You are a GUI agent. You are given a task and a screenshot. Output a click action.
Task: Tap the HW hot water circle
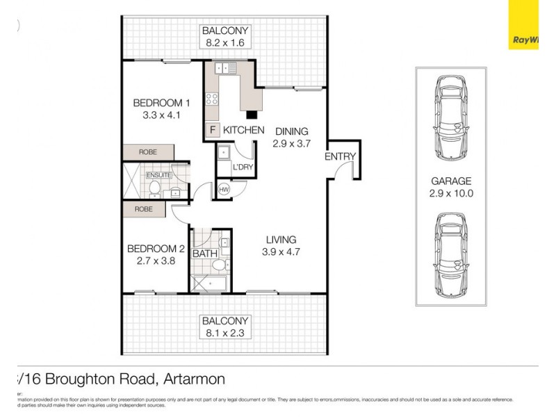224,189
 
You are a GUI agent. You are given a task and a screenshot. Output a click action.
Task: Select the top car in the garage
450,117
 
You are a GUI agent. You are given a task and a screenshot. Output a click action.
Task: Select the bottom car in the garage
450,254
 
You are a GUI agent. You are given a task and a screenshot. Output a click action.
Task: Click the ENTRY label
340,157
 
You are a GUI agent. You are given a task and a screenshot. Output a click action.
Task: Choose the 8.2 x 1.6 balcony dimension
225,43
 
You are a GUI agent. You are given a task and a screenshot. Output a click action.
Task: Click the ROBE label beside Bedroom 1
147,152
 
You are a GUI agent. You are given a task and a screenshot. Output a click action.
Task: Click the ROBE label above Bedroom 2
145,208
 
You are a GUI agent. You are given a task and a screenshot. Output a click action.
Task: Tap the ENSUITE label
158,174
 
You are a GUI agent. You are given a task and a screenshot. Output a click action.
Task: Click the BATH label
205,254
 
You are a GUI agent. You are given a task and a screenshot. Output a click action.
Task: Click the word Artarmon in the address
195,379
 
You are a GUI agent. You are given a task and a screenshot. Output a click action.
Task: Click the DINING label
291,131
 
